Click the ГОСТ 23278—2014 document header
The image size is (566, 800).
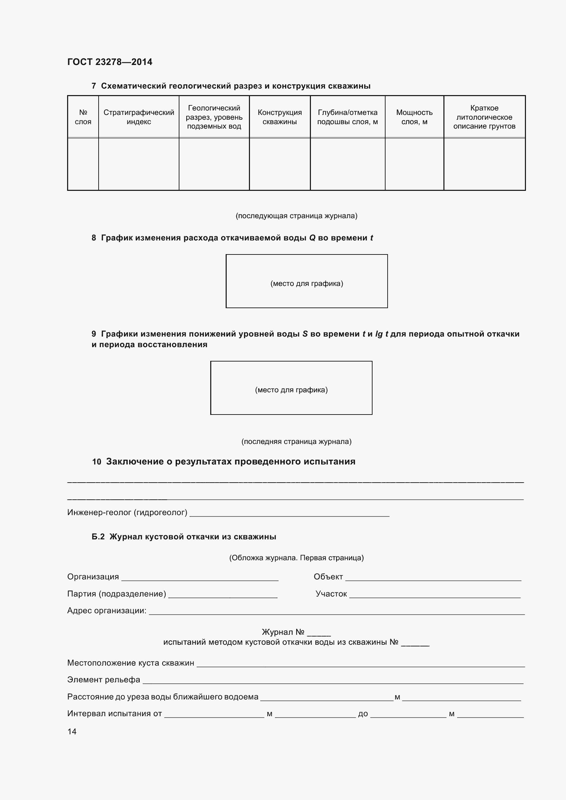(x=110, y=62)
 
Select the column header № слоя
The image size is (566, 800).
(x=83, y=117)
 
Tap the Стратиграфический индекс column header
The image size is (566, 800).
(x=139, y=117)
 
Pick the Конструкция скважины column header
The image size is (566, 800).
(x=280, y=117)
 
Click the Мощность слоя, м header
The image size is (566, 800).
(x=414, y=117)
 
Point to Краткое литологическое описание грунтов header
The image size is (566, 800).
(x=484, y=117)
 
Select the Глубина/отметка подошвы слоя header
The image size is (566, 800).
(x=347, y=117)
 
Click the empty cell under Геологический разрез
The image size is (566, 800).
(x=214, y=164)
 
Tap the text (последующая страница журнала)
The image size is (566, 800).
(x=297, y=216)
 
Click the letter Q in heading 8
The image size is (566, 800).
(x=312, y=238)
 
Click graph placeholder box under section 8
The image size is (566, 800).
(x=306, y=281)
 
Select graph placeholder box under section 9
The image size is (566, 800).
(x=291, y=388)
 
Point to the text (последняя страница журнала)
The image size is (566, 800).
(x=297, y=442)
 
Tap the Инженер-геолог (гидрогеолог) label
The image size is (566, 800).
(x=127, y=512)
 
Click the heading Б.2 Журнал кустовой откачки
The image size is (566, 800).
(x=184, y=537)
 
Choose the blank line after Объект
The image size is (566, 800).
(x=433, y=578)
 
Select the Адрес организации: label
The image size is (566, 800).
(x=107, y=611)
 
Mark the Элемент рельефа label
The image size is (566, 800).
(x=103, y=680)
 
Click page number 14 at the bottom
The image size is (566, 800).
(x=72, y=731)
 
